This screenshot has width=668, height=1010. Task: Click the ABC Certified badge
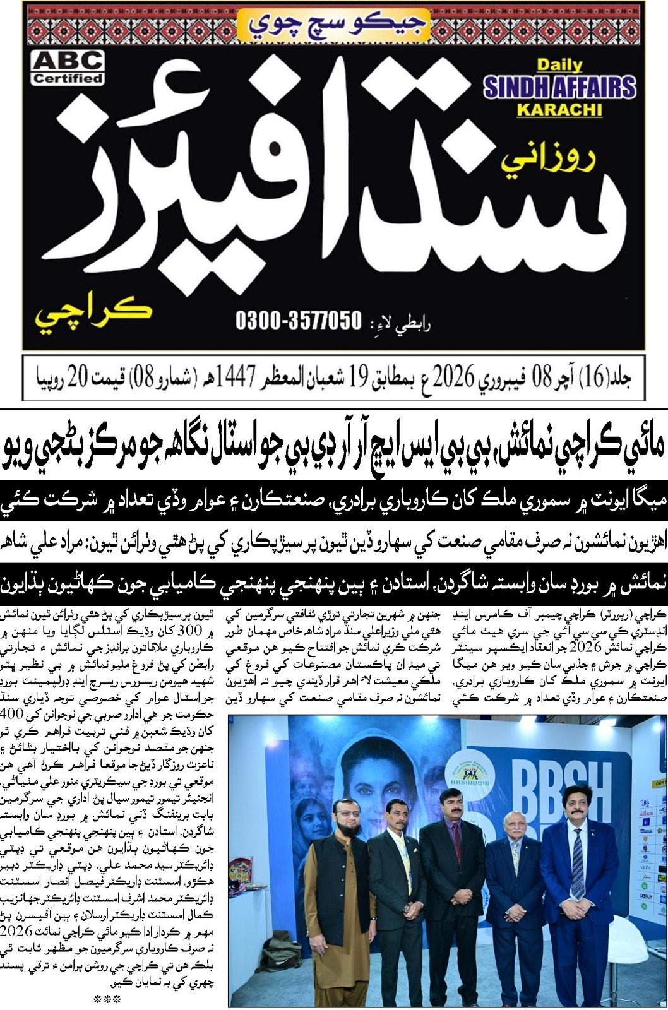click(68, 68)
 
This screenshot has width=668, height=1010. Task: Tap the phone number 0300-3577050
click(299, 321)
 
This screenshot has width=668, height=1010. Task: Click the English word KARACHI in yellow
click(559, 110)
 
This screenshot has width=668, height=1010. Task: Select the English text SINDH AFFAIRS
click(559, 87)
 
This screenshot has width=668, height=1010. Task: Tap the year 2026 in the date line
click(452, 379)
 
